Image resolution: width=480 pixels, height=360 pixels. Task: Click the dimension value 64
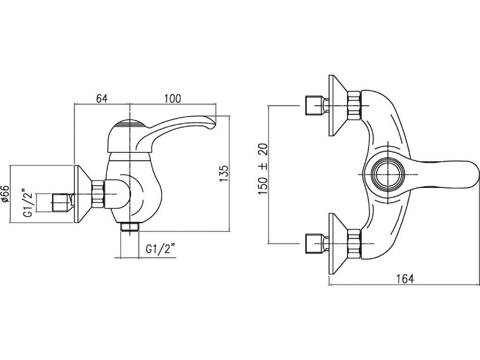pyautogui.click(x=102, y=98)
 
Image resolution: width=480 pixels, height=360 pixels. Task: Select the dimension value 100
pyautogui.click(x=172, y=98)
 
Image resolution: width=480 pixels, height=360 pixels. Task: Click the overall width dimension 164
pyautogui.click(x=405, y=278)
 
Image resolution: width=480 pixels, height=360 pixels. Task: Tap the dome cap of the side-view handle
pyautogui.click(x=129, y=125)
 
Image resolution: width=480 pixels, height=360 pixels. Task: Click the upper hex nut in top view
pyautogui.click(x=354, y=105)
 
